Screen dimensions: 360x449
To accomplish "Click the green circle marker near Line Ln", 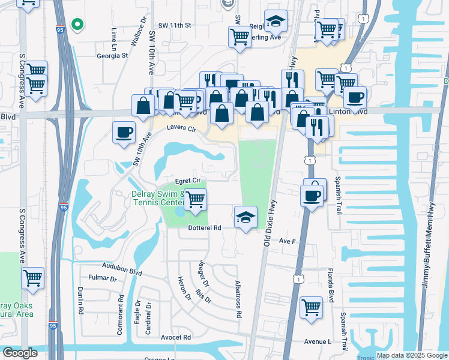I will click(77, 25).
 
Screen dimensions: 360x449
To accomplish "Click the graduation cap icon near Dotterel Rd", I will click(246, 217).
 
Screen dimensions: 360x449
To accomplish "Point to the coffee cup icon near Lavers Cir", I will click(124, 132).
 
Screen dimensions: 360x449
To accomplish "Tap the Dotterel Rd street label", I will click(205, 228).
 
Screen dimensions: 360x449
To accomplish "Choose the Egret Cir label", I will click(187, 181).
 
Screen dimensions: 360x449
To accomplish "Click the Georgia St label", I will click(112, 55).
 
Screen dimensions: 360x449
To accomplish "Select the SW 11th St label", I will click(174, 26).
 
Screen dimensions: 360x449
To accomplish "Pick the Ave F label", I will click(289, 241).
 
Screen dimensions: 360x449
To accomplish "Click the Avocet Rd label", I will click(175, 337).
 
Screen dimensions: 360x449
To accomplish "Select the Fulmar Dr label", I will click(102, 278).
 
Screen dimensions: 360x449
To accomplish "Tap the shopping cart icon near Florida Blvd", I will click(312, 307).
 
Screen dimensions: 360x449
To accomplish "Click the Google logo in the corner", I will click(20, 353).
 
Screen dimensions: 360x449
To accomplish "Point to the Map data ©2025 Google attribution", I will click(411, 356).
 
